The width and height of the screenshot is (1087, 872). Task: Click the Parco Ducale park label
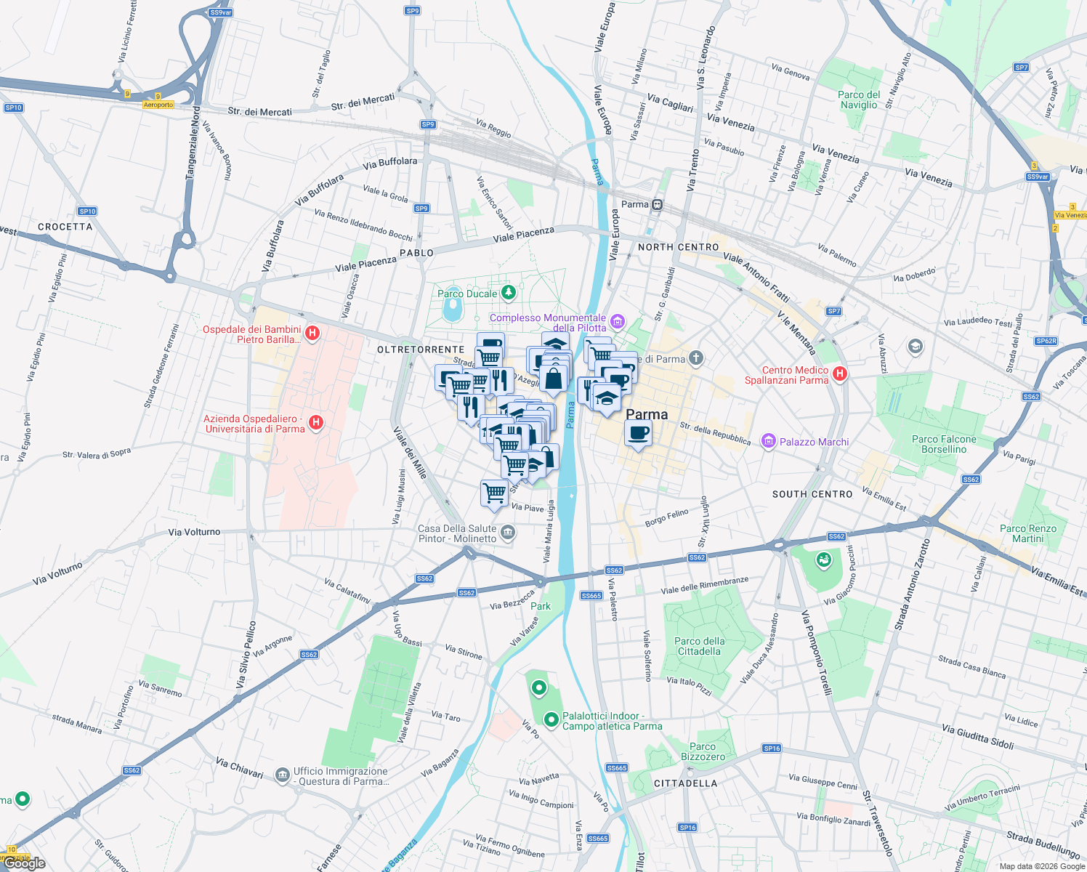[467, 294]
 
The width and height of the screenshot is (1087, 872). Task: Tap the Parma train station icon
[657, 204]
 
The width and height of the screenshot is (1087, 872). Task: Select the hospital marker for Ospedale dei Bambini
[312, 334]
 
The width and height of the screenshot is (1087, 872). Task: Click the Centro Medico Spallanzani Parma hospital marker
[839, 374]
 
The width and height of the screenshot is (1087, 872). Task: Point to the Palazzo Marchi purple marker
[768, 441]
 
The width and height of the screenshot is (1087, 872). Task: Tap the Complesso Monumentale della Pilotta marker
[617, 320]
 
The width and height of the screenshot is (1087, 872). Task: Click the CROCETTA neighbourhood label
[65, 227]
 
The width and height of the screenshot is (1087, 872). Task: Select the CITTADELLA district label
[685, 783]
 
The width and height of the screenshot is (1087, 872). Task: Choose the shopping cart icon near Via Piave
[495, 493]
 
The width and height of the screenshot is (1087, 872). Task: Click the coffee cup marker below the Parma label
[638, 434]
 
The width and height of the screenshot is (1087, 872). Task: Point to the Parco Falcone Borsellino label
[943, 444]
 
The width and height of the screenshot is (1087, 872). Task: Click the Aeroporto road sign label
[158, 105]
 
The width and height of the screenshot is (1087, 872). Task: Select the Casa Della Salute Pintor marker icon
[508, 533]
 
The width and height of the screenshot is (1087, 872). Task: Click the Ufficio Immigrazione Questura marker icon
[283, 775]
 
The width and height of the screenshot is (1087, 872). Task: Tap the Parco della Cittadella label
[699, 646]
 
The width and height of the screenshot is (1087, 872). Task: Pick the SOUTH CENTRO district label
[812, 494]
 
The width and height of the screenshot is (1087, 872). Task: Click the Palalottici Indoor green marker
[551, 719]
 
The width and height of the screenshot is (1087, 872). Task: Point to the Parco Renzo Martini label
[1027, 533]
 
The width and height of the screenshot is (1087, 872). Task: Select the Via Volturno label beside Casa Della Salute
[194, 532]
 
